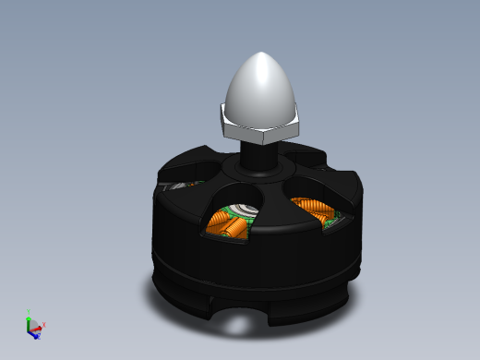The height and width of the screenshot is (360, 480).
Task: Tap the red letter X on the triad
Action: coord(44,325)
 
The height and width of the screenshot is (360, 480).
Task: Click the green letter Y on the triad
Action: coord(30,311)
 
